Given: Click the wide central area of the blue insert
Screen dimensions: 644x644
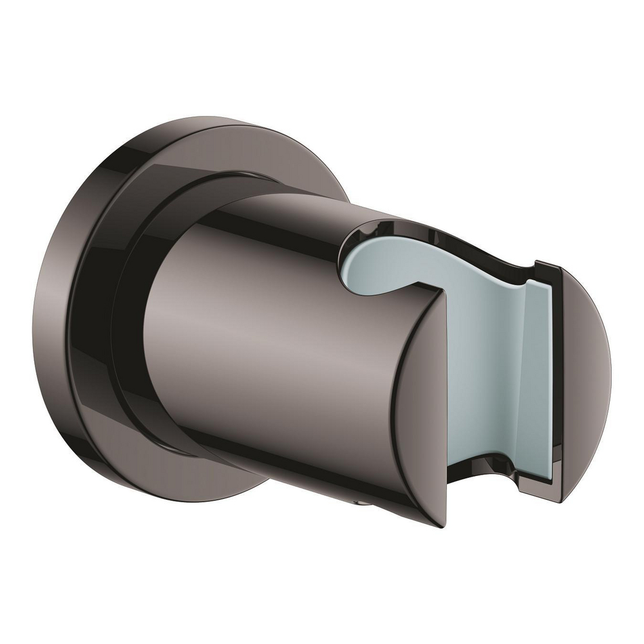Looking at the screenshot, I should pos(477,361).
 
